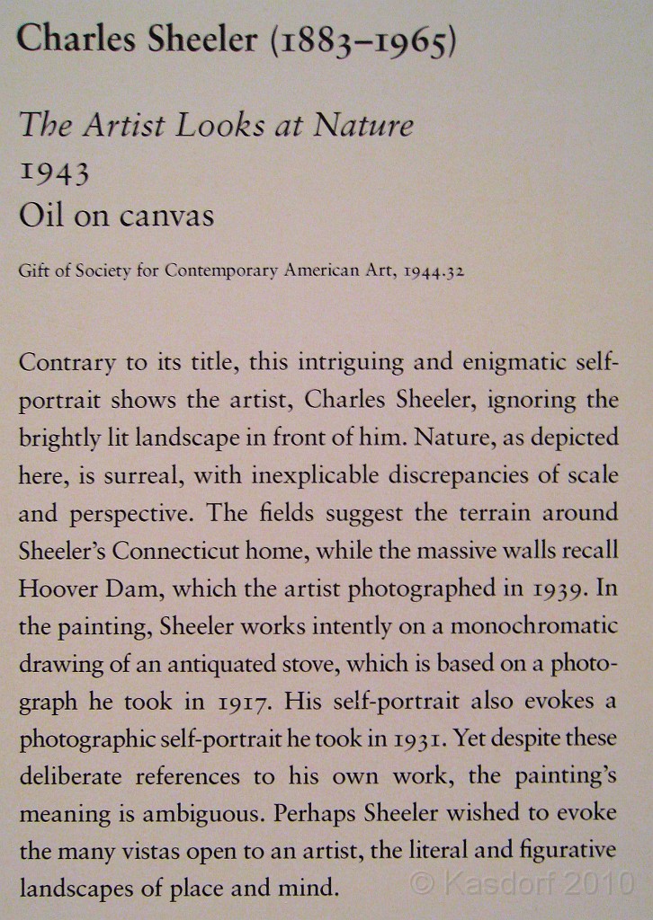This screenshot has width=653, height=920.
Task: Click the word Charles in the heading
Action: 70,39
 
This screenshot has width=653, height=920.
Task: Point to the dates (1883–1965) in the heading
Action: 361,40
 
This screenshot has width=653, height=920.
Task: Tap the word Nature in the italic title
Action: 363,126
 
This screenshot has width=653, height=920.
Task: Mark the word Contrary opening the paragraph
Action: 67,363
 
